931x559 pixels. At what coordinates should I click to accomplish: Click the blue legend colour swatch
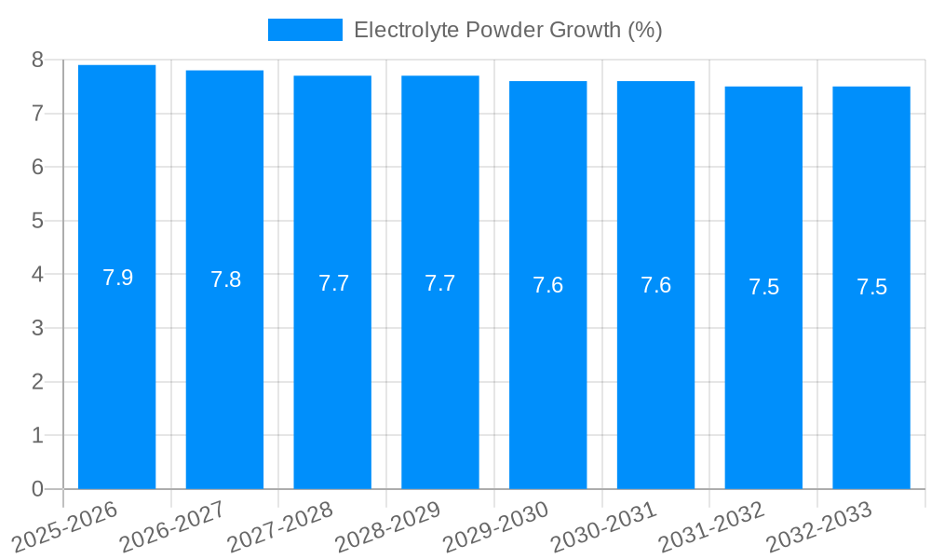pos(304,30)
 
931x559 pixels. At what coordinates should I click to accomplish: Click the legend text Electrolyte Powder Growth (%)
pos(508,30)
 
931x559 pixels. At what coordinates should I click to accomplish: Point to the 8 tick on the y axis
pos(37,61)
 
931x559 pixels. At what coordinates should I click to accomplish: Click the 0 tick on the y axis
pos(37,489)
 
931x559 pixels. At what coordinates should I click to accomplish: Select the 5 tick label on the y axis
pos(37,221)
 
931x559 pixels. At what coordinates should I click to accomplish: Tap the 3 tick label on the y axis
pos(37,328)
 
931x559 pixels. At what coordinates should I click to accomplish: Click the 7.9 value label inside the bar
pos(117,278)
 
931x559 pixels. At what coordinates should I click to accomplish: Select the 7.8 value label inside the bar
pos(225,279)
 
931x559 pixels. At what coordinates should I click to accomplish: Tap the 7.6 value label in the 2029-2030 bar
pos(547,285)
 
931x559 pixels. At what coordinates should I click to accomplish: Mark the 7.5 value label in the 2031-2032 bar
pos(763,287)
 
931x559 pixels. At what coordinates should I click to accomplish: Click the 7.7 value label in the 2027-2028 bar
pos(333,283)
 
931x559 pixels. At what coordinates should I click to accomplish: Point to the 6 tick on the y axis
pos(37,168)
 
